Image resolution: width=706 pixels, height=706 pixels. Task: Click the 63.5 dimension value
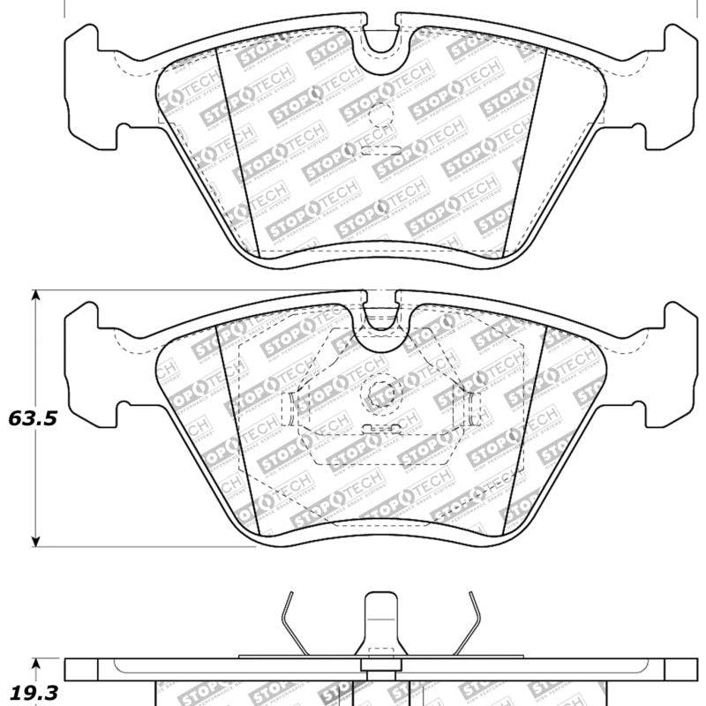[33, 418]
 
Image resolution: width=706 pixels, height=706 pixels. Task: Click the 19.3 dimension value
[33, 693]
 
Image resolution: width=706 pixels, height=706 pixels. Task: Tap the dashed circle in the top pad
[379, 115]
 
